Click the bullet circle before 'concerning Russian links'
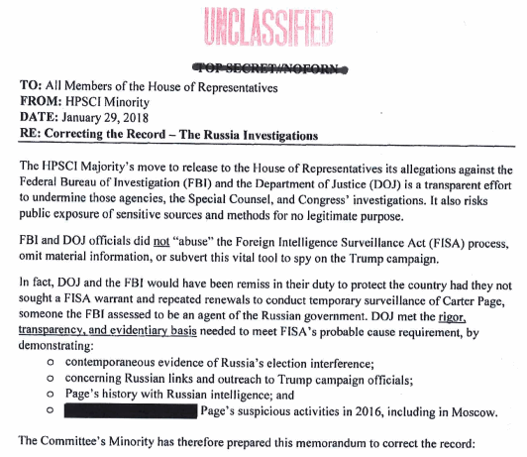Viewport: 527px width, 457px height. coord(50,382)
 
